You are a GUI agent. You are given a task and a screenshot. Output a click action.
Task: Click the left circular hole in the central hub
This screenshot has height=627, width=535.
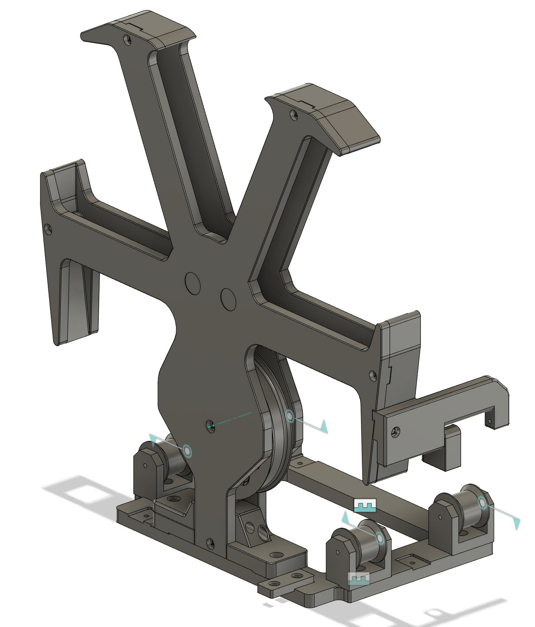tap(193, 283)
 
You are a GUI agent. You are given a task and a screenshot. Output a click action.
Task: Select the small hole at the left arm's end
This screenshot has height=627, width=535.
tap(48, 227)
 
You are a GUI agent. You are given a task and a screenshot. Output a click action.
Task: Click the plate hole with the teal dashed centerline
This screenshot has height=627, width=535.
tap(211, 425)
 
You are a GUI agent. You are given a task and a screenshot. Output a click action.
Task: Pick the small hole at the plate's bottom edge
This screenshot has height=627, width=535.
tap(211, 543)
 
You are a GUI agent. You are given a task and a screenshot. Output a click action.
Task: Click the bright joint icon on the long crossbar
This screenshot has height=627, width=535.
tap(364, 505)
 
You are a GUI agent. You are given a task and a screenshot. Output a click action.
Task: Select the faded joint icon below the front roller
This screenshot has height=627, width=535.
tap(359, 578)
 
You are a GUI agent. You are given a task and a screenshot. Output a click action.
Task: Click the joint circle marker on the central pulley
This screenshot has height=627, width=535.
tap(290, 416)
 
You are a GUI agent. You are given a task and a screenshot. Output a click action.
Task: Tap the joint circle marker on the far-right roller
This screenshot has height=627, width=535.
tap(482, 503)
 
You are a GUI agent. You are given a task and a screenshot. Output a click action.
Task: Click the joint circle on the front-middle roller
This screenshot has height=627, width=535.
tap(380, 539)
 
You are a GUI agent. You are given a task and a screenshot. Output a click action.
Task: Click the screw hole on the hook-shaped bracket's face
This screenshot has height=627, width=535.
tap(395, 432)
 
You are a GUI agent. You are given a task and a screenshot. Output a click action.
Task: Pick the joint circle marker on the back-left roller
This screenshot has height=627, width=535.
tap(187, 451)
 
